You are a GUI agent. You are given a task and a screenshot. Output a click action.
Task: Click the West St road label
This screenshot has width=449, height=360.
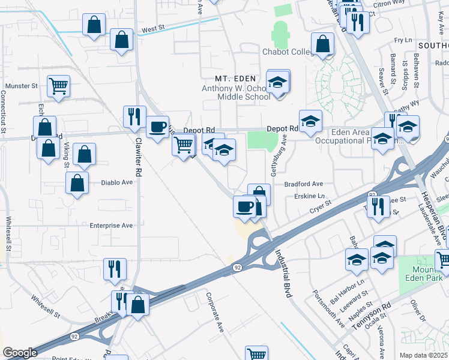click(x=153, y=29)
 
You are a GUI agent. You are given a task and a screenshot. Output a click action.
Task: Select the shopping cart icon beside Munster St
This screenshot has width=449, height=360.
click(x=58, y=86)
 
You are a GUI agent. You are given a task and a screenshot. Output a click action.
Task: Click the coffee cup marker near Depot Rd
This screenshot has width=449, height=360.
click(x=157, y=127)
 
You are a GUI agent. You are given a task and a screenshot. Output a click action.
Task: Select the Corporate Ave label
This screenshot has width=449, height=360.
click(x=214, y=312)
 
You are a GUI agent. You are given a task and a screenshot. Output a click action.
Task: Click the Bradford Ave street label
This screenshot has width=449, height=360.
click(x=304, y=184)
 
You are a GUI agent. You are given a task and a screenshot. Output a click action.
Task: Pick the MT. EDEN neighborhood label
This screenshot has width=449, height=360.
click(x=236, y=79)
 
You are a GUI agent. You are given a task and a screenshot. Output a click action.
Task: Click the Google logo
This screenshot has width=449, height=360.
click(x=20, y=353)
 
